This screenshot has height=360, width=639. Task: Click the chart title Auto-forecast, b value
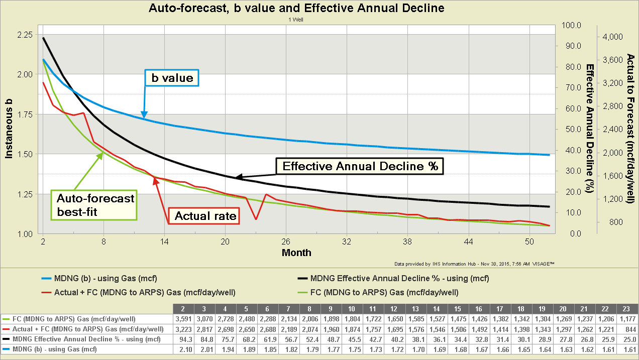click(296, 8)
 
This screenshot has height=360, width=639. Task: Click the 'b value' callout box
click(172, 78)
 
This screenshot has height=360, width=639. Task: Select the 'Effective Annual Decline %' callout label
click(360, 166)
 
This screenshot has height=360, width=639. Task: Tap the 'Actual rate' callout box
click(205, 216)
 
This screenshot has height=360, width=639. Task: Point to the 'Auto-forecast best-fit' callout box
click(95, 205)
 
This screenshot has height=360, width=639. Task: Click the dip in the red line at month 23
click(256, 219)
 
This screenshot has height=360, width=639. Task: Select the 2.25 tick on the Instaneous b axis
click(25, 35)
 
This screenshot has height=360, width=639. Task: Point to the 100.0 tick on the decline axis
click(573, 25)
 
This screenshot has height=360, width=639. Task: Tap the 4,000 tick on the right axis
click(612, 37)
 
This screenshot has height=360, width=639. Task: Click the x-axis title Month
click(296, 252)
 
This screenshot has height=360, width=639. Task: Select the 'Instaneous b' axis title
click(9, 129)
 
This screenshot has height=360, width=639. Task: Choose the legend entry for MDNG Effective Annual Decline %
click(399, 278)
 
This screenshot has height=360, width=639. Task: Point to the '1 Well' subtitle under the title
click(296, 20)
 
